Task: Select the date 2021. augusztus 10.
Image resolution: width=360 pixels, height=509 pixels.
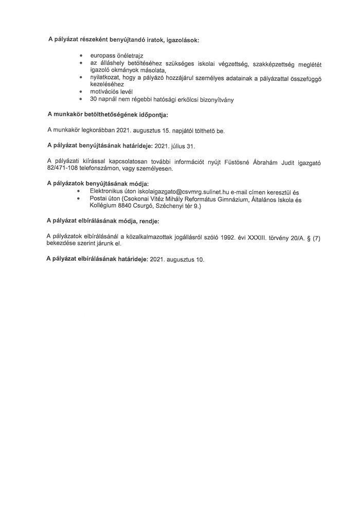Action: point(177,260)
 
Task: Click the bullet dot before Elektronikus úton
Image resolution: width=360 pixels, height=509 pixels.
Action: point(79,191)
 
